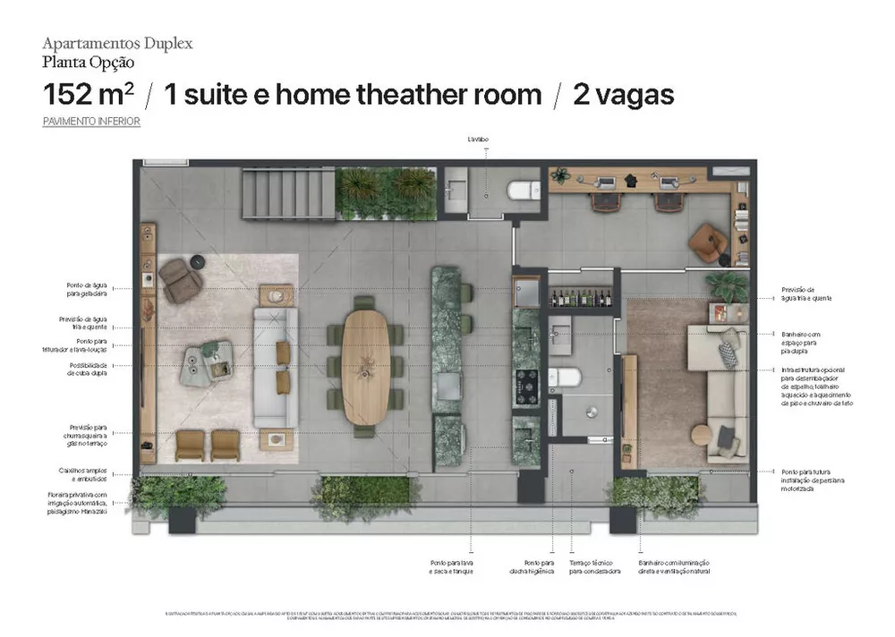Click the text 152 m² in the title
click(x=86, y=95)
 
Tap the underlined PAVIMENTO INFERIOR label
click(x=91, y=121)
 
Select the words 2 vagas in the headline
click(x=623, y=95)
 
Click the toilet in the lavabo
click(x=521, y=190)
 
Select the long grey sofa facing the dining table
click(x=270, y=367)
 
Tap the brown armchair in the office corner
click(x=710, y=242)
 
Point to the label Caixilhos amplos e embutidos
click(x=84, y=473)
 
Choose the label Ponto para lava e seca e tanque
click(x=450, y=566)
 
